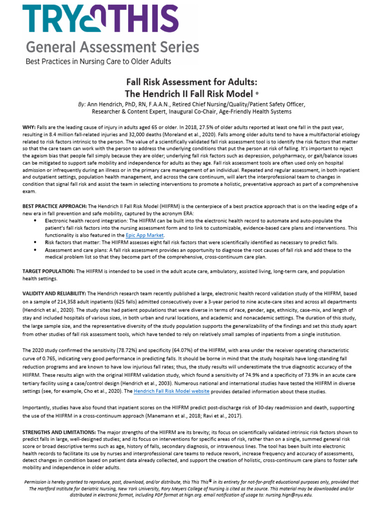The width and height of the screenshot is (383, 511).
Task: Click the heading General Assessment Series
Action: pyautogui.click(x=112, y=47)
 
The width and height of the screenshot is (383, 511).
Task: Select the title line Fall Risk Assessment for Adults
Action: pyautogui.click(x=191, y=82)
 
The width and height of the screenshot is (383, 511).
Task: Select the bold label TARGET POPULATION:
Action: pyautogui.click(x=48, y=271)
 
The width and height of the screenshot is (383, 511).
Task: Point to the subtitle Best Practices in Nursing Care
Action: pyautogui.click(x=98, y=61)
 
